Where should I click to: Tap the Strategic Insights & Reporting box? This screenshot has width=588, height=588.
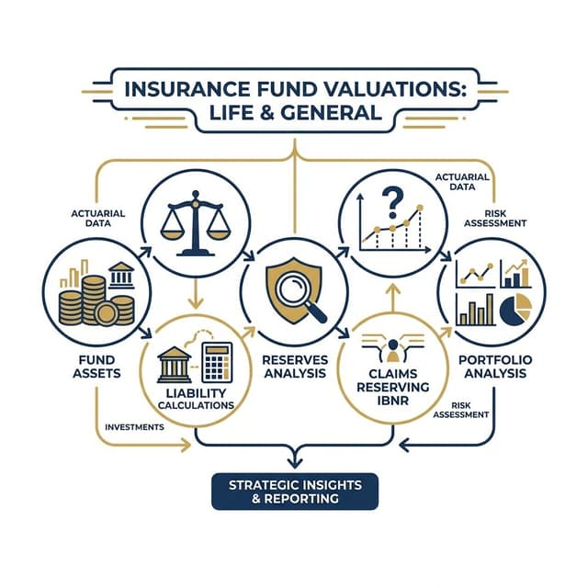294,491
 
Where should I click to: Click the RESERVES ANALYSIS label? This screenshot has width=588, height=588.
294,365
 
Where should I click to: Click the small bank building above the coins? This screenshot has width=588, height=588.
120,276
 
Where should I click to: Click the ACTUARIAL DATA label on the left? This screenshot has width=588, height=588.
98,220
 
